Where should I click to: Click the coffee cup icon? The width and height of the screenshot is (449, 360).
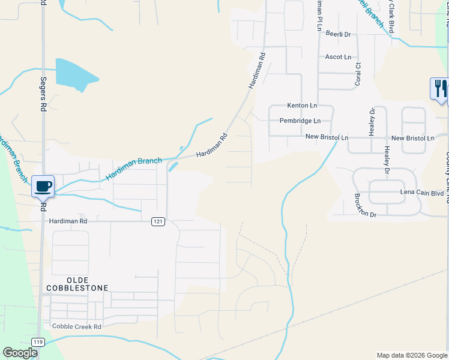tap(43, 186)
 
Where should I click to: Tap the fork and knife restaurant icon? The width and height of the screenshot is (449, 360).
tap(439, 88)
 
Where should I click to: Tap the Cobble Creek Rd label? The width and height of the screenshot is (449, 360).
tap(77, 326)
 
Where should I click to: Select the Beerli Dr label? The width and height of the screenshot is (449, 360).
tap(338, 34)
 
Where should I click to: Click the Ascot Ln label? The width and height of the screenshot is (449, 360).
tap(338, 57)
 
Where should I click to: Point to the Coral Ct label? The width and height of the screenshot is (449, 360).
tap(358, 74)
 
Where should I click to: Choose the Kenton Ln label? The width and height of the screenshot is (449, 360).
tap(302, 105)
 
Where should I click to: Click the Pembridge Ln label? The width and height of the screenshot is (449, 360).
tap(300, 121)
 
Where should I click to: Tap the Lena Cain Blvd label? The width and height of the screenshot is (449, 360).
tap(421, 193)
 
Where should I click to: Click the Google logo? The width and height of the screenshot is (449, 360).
tap(20, 352)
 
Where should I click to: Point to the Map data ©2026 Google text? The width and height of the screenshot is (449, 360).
tap(412, 355)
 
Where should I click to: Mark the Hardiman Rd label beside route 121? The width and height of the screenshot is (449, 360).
tap(68, 221)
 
